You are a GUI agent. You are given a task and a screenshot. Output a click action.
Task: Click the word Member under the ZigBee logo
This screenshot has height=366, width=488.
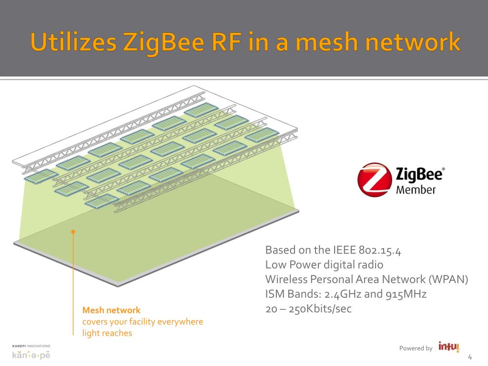click(416, 190)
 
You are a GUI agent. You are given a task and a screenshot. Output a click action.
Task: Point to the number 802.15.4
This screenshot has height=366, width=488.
click(379, 250)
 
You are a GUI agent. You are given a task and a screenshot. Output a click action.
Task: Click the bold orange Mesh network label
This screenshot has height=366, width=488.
click(112, 310)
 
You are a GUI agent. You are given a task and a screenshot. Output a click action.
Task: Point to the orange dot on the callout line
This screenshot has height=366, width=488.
click(73, 232)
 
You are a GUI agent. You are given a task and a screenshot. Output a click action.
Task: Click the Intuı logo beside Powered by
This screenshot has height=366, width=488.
click(448, 347)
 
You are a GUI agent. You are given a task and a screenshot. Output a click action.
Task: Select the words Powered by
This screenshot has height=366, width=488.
click(416, 348)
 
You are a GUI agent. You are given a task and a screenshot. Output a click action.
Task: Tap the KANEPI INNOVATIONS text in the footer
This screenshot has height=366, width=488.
click(31, 346)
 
